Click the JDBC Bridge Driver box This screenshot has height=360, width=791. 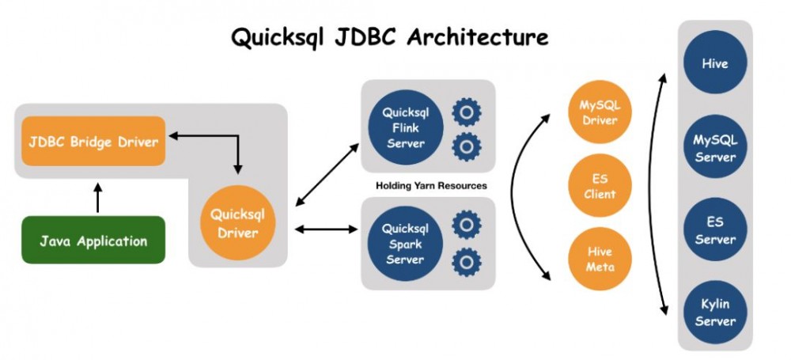pos(93,142)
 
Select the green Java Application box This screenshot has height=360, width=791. pos(93,240)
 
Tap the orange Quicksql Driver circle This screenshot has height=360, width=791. pos(237,224)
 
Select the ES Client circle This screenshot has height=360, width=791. pos(599,187)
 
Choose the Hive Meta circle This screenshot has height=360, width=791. pos(599,259)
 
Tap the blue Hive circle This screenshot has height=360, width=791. pos(714,63)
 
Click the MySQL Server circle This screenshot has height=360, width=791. pos(714,149)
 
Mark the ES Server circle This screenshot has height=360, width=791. pos(714,230)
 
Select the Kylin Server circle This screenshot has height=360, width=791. pos(714,313)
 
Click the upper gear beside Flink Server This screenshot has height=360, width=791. pos(467,113)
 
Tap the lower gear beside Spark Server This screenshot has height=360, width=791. pos(467,261)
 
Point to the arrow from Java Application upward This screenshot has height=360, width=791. pos(97,199)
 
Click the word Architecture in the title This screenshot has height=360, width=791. pos(479,37)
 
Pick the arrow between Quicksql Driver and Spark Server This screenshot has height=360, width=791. pos(325,230)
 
